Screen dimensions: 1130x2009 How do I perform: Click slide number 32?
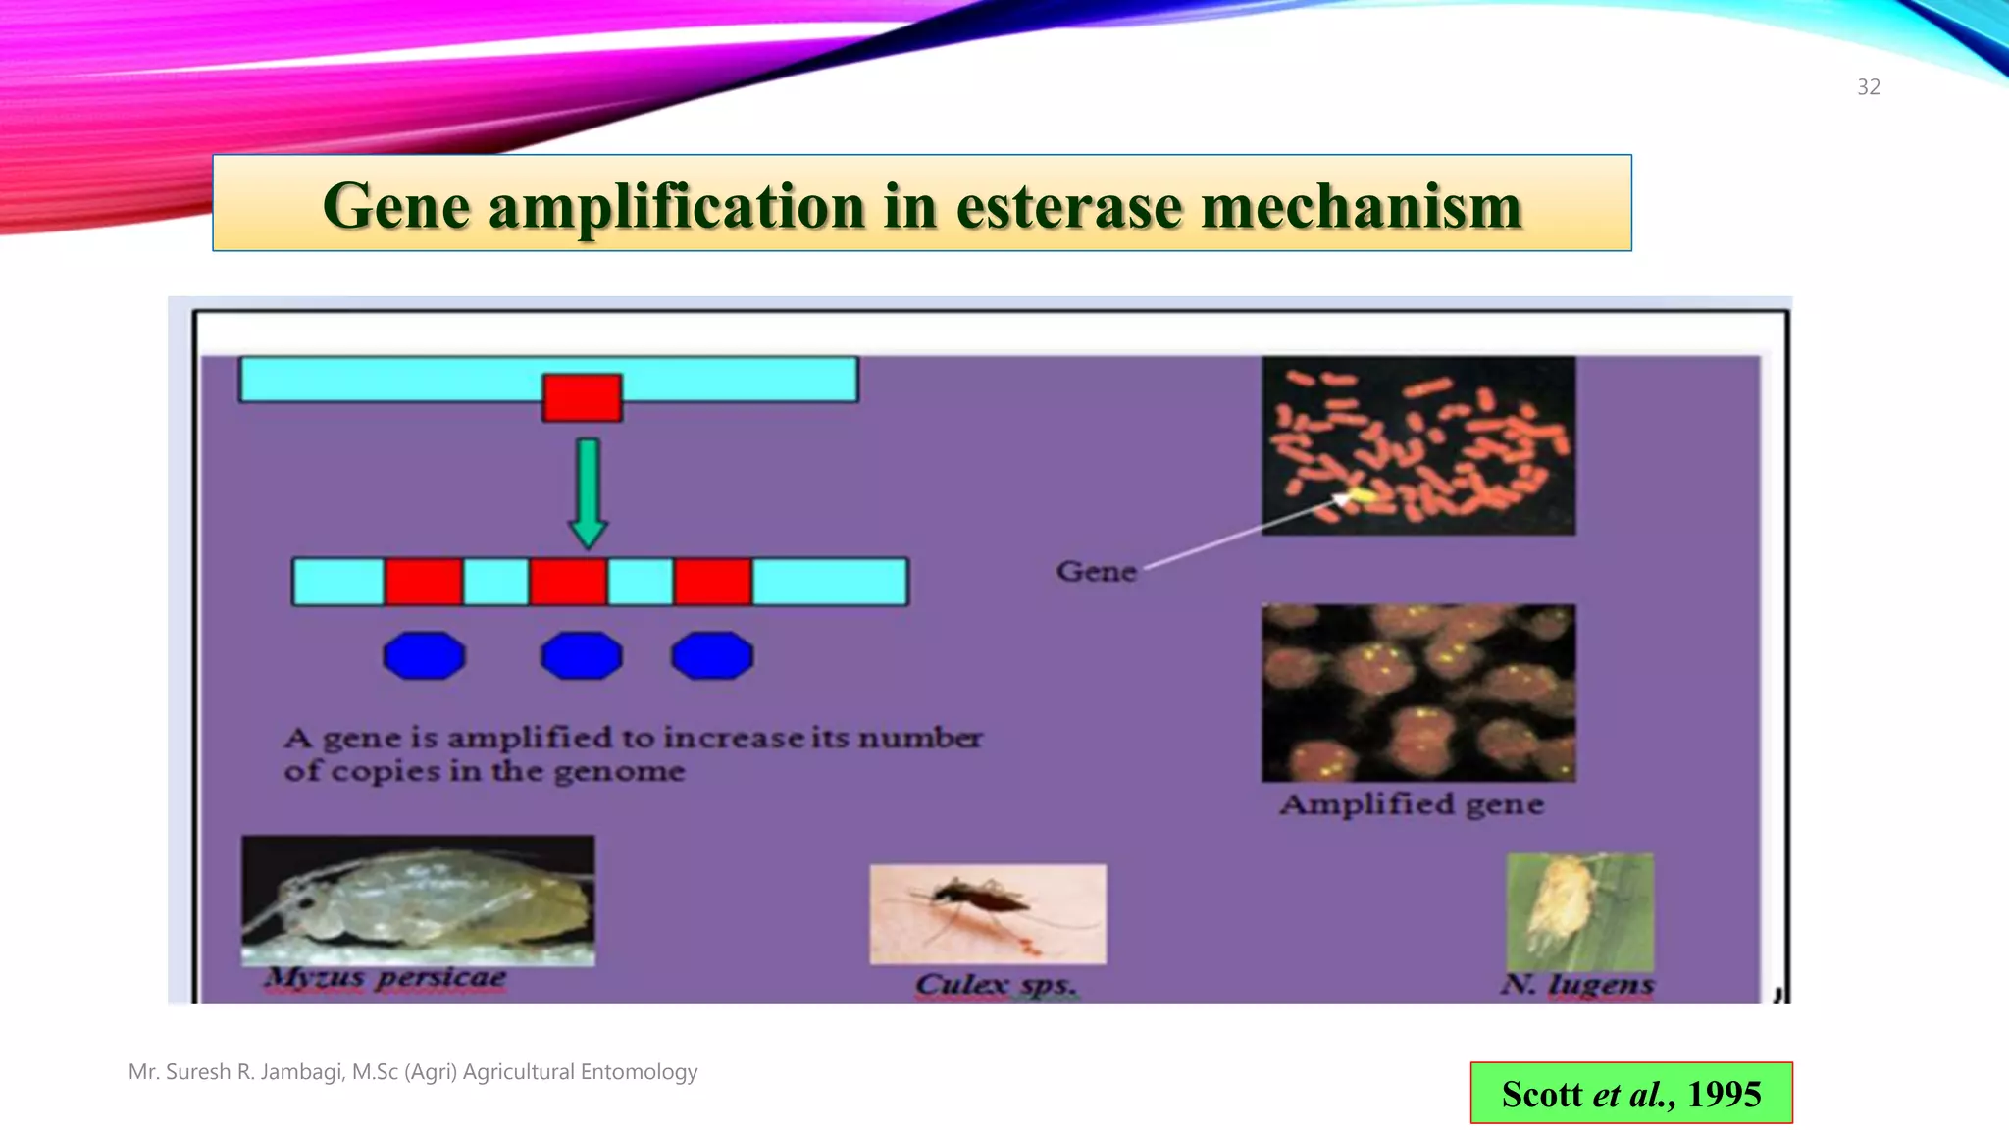tap(1868, 87)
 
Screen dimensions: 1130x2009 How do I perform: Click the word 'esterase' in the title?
tap(1068, 207)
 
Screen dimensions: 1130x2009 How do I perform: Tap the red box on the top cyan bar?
tap(582, 397)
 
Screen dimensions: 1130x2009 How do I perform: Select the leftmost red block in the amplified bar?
tap(424, 582)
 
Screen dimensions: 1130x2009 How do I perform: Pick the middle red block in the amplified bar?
tap(568, 582)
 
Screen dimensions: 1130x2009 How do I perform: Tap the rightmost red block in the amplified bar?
tap(713, 582)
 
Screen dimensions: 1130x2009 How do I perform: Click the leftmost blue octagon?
tap(424, 655)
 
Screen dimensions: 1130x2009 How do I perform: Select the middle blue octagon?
tap(581, 655)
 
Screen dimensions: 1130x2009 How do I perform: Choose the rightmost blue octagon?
tap(712, 655)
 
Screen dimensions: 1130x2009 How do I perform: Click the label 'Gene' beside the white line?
tap(1096, 572)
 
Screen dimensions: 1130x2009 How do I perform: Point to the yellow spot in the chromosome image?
tap(1360, 495)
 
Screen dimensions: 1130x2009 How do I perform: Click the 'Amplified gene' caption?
tap(1412, 805)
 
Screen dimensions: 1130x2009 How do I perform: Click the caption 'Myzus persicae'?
tap(386, 978)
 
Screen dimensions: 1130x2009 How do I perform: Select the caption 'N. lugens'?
tap(1577, 984)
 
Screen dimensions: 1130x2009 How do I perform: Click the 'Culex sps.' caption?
tap(996, 984)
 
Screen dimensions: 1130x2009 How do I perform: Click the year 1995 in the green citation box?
tap(1724, 1094)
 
